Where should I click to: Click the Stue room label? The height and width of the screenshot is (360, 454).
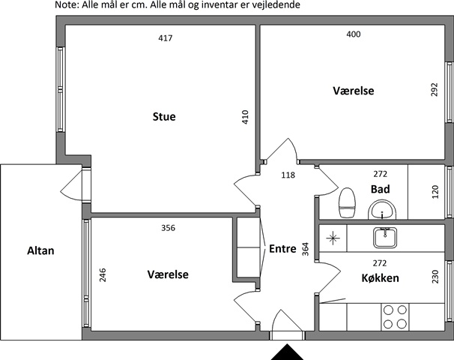click(x=164, y=116)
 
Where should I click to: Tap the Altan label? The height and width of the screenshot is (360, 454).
click(x=40, y=250)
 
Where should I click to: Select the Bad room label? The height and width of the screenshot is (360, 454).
click(x=380, y=189)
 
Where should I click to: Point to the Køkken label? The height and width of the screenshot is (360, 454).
click(x=380, y=278)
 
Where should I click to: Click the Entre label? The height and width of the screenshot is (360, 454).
click(x=282, y=249)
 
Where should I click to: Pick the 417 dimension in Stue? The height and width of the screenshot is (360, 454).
click(x=166, y=38)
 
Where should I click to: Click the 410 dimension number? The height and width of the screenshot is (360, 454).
click(x=245, y=117)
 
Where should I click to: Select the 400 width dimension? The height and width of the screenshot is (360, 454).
click(x=354, y=34)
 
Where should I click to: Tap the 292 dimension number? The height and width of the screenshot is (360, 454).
click(x=435, y=89)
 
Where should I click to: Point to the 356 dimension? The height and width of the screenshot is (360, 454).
click(x=169, y=228)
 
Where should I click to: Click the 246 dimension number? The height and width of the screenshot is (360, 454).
click(x=103, y=275)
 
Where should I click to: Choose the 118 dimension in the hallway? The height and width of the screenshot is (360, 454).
click(x=288, y=175)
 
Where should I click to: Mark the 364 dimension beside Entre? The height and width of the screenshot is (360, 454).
click(x=306, y=249)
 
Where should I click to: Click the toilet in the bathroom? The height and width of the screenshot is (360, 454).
click(x=347, y=202)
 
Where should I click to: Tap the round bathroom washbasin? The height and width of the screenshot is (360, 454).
click(x=382, y=210)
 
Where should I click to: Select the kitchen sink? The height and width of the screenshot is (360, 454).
click(x=385, y=238)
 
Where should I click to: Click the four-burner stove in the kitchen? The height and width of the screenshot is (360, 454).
click(x=396, y=316)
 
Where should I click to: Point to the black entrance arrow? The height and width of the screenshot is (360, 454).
click(x=287, y=352)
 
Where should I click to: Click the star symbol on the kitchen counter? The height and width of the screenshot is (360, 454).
click(x=333, y=238)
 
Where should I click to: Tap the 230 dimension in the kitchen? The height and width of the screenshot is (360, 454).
click(x=435, y=277)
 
